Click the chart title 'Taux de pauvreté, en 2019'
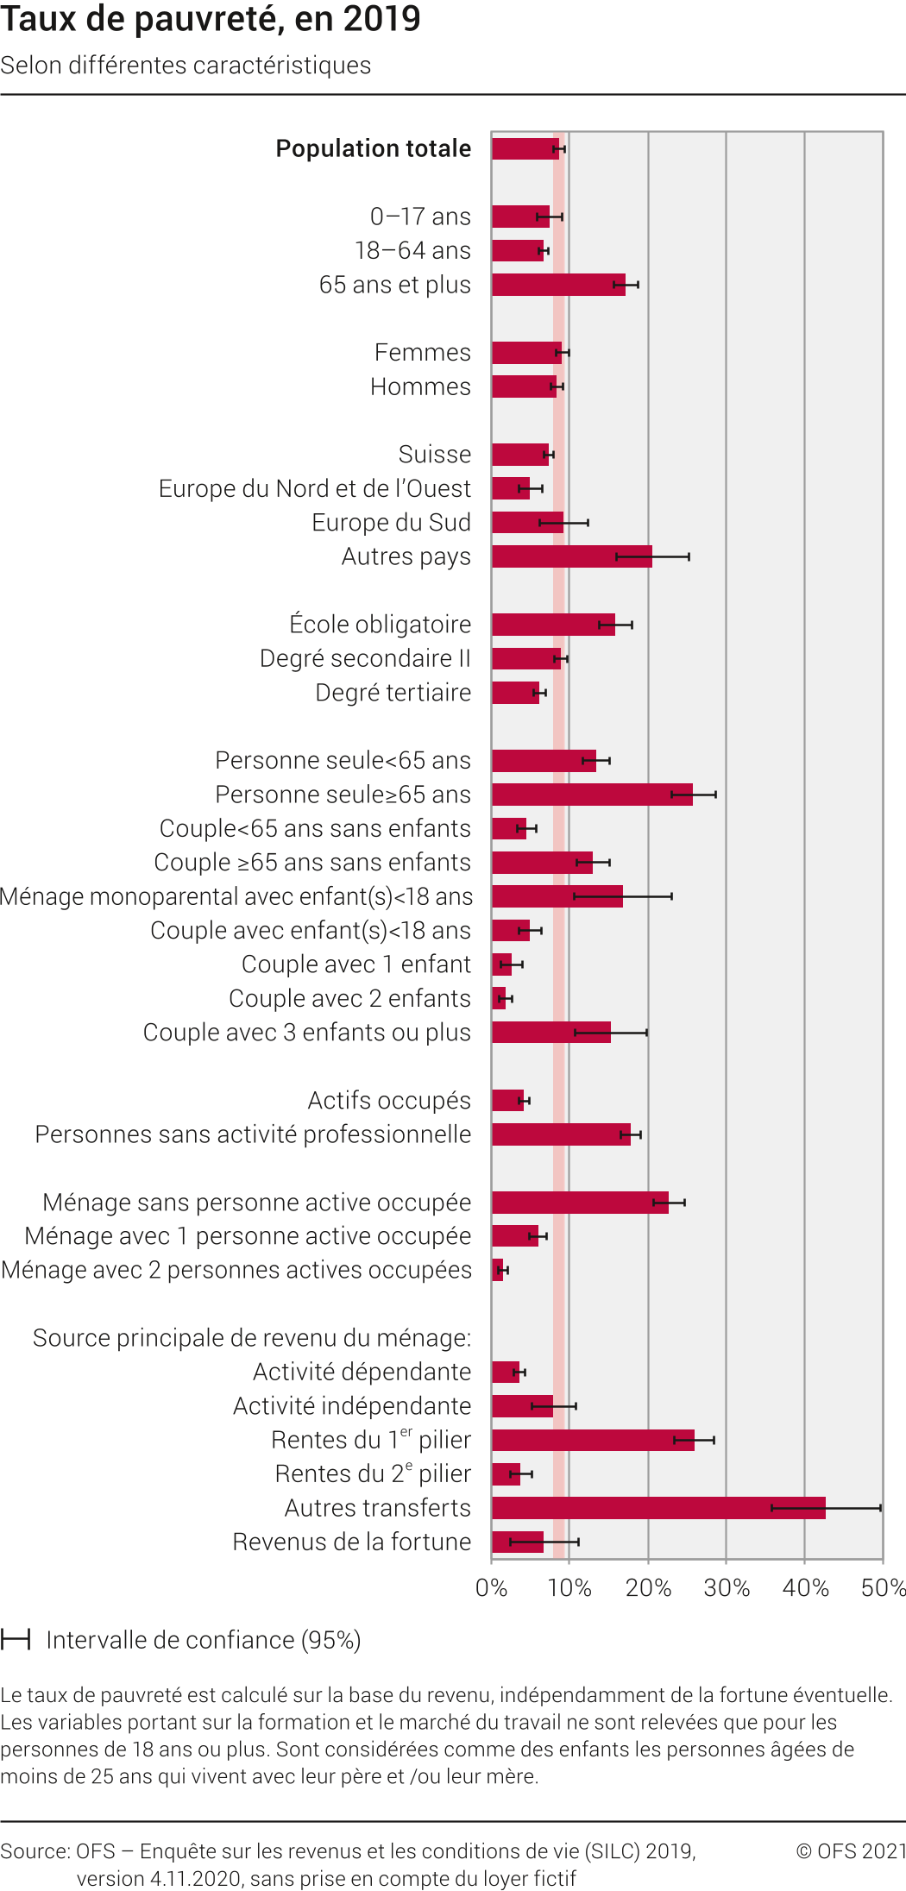(211, 19)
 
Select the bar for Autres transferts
(658, 1508)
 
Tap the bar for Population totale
(525, 148)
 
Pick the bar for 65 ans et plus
(558, 285)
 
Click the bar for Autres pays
(572, 556)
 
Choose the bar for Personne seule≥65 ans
(592, 795)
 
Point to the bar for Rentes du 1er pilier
(593, 1440)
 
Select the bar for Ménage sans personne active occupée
(580, 1203)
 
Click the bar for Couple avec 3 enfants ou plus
(551, 1033)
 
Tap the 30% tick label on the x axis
(727, 1588)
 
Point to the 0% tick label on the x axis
(491, 1588)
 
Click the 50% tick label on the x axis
(883, 1588)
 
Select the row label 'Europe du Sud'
(391, 523)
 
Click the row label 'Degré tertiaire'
(393, 693)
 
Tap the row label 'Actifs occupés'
(389, 1101)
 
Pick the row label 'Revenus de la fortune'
(351, 1542)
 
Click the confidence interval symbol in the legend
(16, 1639)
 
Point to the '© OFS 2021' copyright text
(850, 1850)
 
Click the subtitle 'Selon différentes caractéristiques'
(186, 66)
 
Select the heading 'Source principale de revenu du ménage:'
(252, 1338)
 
